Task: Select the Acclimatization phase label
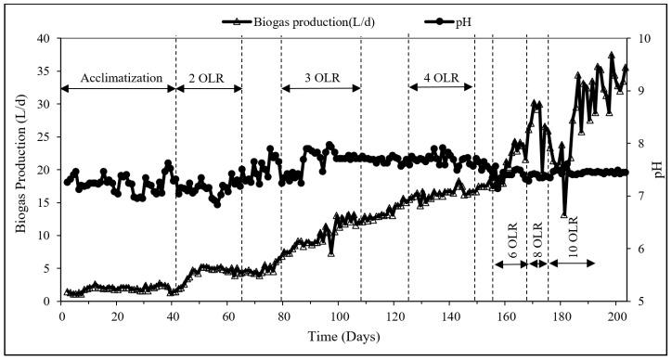[119, 77]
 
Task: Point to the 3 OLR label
[320, 77]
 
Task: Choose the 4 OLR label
[441, 77]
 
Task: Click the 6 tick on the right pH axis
[638, 249]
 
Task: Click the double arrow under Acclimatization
[119, 89]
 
